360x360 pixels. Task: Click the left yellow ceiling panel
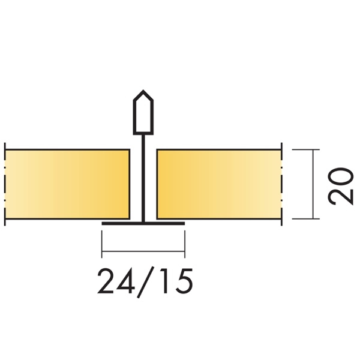[x=67, y=184]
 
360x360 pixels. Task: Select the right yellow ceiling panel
[x=218, y=184]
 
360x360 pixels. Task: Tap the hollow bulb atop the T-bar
[x=143, y=113]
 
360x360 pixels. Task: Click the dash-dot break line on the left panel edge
[x=5, y=184]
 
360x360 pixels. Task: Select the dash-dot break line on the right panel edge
[x=281, y=184]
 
